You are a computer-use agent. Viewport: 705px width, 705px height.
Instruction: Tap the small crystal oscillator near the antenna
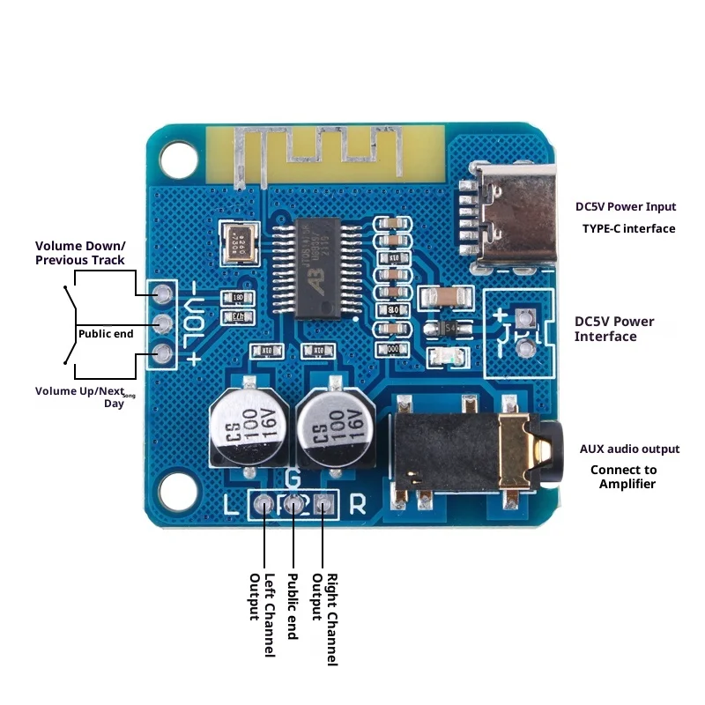pos(239,241)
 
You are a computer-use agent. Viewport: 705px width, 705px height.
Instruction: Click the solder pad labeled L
pos(264,505)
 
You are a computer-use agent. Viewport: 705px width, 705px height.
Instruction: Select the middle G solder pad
pos(293,505)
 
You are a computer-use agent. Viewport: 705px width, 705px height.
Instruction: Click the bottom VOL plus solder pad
pos(162,354)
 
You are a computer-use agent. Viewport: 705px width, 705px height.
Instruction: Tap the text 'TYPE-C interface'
pos(628,228)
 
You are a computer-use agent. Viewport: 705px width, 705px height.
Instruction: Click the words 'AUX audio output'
pos(629,449)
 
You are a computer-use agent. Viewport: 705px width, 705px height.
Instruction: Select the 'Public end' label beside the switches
pos(106,333)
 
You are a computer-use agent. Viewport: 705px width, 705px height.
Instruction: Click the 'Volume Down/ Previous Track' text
pos(80,253)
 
